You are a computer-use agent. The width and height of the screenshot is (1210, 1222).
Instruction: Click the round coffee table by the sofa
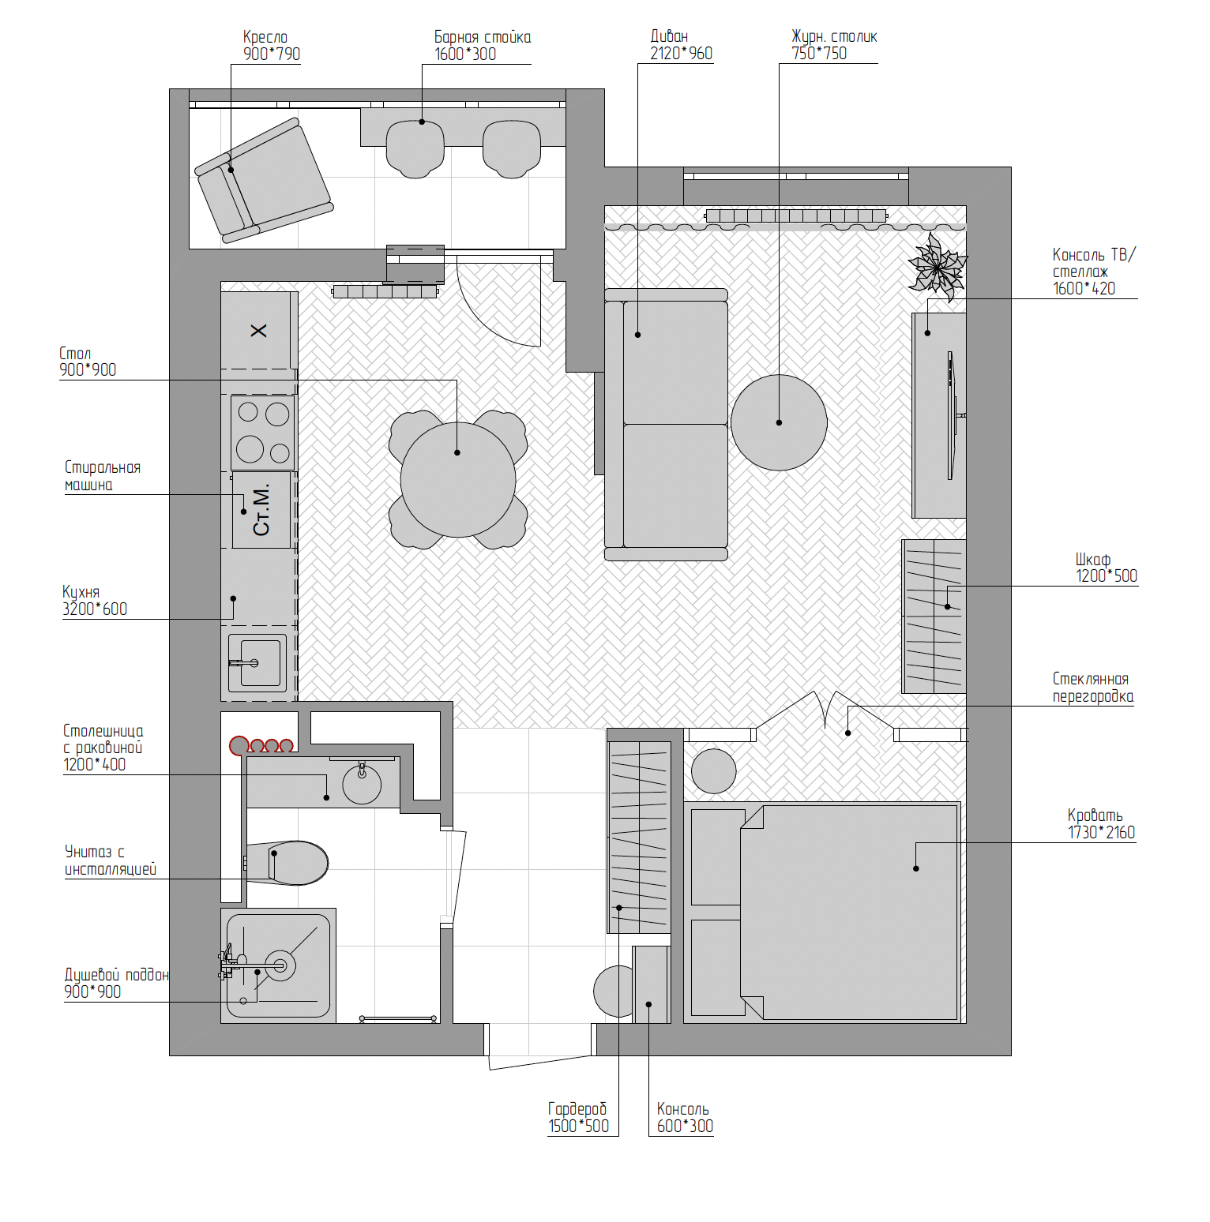779,422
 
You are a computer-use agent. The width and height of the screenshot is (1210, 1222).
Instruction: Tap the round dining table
458,479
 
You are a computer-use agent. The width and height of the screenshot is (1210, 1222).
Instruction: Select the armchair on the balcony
264,181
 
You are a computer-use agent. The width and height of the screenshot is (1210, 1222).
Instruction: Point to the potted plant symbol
938,267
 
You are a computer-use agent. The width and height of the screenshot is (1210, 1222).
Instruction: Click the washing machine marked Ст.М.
261,509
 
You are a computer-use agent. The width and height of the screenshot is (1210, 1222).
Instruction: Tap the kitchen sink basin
257,662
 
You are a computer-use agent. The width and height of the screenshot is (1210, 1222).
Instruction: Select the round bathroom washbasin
362,784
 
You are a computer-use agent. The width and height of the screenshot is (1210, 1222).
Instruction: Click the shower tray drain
280,965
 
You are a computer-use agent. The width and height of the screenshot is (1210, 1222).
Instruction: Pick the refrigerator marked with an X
258,330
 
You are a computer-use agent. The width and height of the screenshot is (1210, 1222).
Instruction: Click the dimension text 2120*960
681,54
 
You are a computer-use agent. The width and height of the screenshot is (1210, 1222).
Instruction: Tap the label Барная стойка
483,37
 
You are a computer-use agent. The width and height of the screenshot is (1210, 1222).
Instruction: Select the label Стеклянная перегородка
1092,688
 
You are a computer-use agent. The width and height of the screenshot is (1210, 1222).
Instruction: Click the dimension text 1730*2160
1101,832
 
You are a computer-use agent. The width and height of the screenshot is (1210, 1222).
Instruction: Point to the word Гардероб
577,1108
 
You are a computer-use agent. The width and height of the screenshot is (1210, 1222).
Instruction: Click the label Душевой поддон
117,975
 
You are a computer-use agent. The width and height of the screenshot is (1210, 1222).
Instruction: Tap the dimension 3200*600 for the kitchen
95,609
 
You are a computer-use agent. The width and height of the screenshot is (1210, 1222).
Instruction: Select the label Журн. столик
834,36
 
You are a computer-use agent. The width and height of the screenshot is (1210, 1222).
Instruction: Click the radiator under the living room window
796,216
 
